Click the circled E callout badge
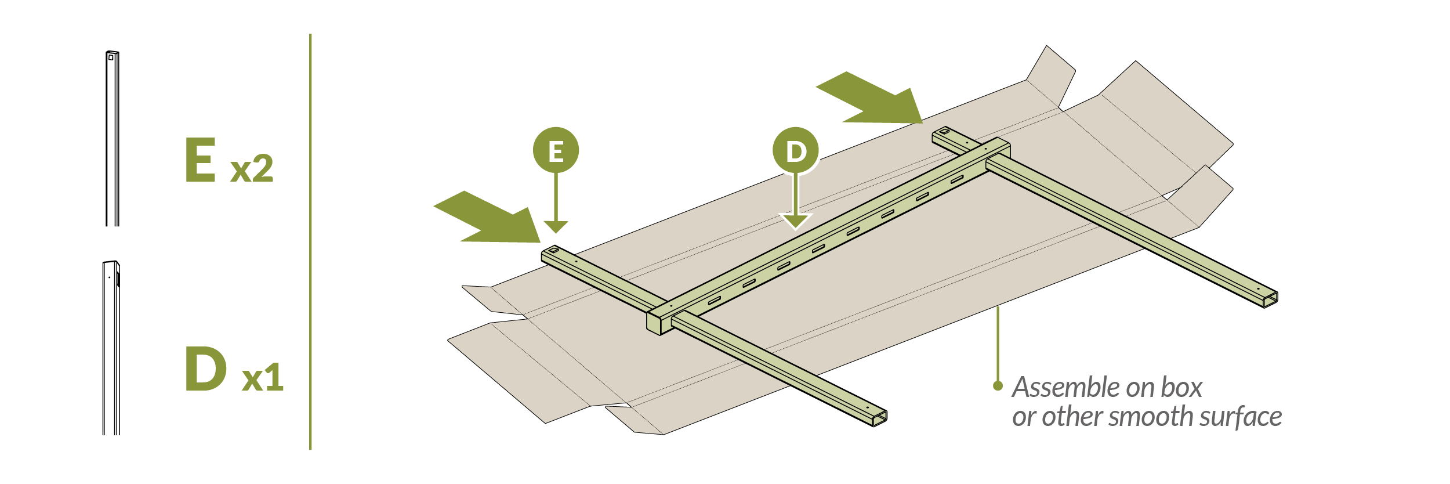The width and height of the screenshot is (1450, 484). pos(556,150)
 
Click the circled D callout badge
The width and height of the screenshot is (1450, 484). pos(795,150)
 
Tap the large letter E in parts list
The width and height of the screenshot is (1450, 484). pos(201,160)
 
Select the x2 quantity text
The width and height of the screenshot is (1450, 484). pos(252,169)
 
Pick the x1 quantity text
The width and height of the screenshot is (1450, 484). pos(263,378)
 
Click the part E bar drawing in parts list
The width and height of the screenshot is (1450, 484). pos(113,139)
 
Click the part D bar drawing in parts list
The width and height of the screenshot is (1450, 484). pos(111,348)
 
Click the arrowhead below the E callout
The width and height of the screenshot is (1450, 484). pos(556,226)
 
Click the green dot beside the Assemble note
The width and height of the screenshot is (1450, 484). pos(998,386)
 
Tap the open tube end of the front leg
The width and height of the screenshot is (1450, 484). pos(880,417)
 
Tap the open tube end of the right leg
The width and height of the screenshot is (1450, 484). pos(1271,298)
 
